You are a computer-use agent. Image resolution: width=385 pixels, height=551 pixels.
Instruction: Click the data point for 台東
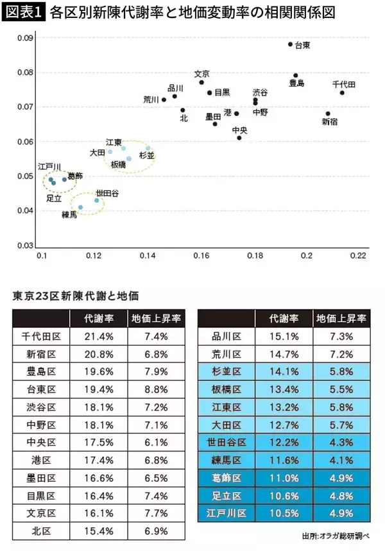[290, 44]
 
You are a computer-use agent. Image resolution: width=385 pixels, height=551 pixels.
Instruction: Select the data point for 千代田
[342, 92]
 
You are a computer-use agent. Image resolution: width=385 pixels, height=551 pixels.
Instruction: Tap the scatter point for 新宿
[328, 114]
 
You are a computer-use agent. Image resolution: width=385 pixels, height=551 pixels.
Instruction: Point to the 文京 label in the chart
[201, 74]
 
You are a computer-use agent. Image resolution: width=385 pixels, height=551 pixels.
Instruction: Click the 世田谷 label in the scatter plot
[107, 192]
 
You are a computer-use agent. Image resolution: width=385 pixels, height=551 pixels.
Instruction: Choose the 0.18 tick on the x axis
[255, 256]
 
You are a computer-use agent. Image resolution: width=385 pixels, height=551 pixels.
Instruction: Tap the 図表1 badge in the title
[24, 12]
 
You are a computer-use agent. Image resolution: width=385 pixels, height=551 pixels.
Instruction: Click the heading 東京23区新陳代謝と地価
[76, 296]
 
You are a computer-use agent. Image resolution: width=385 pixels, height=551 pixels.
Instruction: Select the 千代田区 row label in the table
[41, 336]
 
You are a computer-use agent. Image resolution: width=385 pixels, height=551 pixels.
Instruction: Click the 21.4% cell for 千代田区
[99, 336]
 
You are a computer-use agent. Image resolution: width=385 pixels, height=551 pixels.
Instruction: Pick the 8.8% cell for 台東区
[157, 389]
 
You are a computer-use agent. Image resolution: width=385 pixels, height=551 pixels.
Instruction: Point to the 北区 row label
[41, 531]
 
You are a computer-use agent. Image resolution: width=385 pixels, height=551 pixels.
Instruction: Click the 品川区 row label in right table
[226, 336]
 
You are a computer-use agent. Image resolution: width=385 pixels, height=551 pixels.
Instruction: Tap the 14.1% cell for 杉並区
[284, 371]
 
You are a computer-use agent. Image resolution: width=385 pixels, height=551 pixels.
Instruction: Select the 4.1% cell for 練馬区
[341, 460]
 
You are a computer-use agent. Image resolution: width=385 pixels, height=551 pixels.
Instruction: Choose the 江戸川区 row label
[226, 513]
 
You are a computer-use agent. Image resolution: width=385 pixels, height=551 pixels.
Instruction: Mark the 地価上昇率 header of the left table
[157, 318]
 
